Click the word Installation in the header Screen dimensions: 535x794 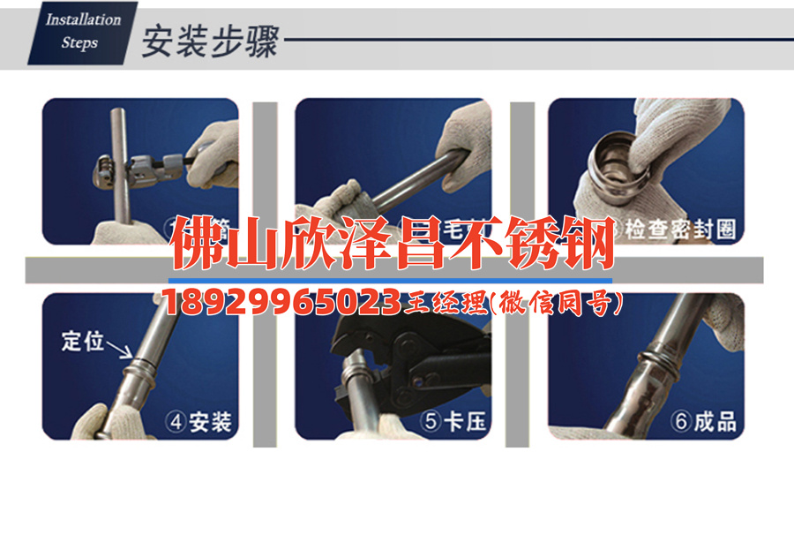[83, 19]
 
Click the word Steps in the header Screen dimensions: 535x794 [79, 41]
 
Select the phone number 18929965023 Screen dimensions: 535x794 [282, 303]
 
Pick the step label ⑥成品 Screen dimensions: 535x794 [704, 422]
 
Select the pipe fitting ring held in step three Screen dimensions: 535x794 [618, 159]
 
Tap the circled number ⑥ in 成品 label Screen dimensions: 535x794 [680, 422]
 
